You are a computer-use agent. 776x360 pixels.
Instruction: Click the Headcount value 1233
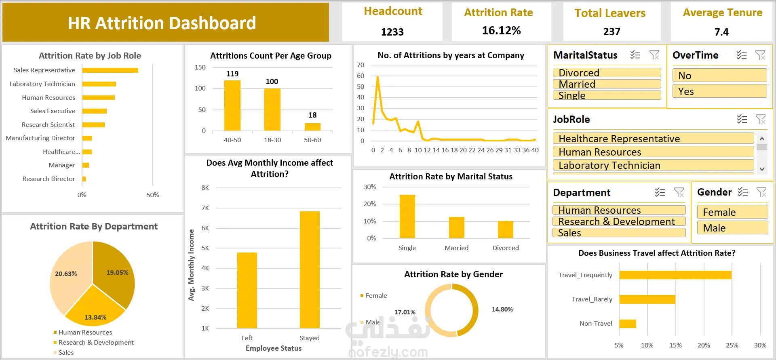point(392,32)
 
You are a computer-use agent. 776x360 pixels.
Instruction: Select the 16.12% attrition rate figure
point(501,31)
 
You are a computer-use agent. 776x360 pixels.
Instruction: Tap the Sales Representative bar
point(110,70)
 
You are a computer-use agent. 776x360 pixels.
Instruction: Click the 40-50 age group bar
point(232,105)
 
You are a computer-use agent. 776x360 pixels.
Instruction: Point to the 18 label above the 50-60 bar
point(312,115)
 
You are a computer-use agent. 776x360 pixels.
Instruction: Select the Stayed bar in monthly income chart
point(310,269)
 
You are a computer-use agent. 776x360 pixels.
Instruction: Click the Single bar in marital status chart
point(407,216)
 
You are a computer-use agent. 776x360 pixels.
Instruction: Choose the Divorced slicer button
point(607,73)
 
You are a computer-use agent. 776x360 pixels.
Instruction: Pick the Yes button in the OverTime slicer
point(719,91)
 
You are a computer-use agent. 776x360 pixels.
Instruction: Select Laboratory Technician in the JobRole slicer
point(653,165)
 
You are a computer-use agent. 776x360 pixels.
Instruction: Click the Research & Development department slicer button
point(619,221)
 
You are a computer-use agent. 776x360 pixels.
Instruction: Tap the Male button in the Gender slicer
point(732,228)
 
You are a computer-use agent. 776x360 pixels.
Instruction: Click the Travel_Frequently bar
point(675,275)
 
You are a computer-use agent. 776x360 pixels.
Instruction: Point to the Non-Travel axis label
point(596,323)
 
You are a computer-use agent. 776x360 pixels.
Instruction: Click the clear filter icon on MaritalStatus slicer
point(654,55)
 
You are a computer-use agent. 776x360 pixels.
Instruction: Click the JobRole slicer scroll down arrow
point(762,169)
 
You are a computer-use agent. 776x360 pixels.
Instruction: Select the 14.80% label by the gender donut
point(502,309)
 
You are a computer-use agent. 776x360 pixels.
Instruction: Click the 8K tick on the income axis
point(205,188)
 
